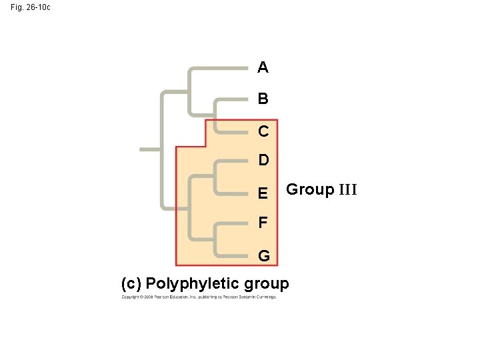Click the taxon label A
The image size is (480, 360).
[263, 67]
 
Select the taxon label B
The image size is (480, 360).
[263, 99]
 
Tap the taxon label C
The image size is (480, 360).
[263, 131]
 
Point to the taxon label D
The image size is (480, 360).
[263, 161]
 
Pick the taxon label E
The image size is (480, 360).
[263, 193]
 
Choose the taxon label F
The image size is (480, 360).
[263, 222]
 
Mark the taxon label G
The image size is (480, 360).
[263, 256]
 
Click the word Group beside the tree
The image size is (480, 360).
[310, 190]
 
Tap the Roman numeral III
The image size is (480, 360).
[348, 190]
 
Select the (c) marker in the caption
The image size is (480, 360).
[131, 284]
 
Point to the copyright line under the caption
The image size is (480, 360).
[198, 297]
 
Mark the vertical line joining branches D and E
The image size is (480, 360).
[215, 177]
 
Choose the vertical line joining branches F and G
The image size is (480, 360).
[215, 239]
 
